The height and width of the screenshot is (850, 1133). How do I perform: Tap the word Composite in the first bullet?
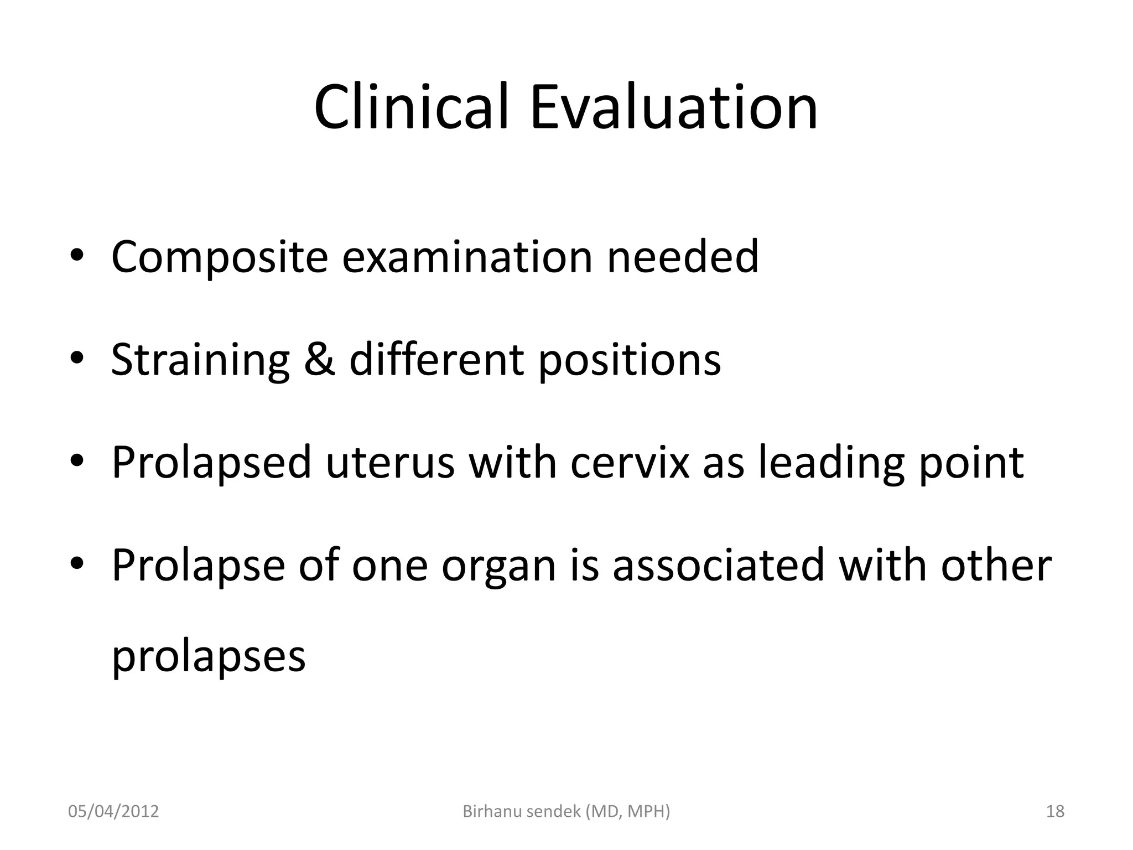tap(220, 257)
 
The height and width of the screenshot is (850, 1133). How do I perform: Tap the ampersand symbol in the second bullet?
tap(319, 360)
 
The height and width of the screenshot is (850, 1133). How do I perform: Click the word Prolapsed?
tap(212, 463)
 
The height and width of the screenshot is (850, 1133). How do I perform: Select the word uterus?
tap(390, 463)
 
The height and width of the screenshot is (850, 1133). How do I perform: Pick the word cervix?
tap(630, 463)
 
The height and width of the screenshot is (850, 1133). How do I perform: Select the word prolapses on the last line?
tap(209, 657)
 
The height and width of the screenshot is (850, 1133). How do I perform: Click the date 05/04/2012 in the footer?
tap(113, 811)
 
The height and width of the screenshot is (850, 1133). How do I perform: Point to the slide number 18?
tap(1055, 811)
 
